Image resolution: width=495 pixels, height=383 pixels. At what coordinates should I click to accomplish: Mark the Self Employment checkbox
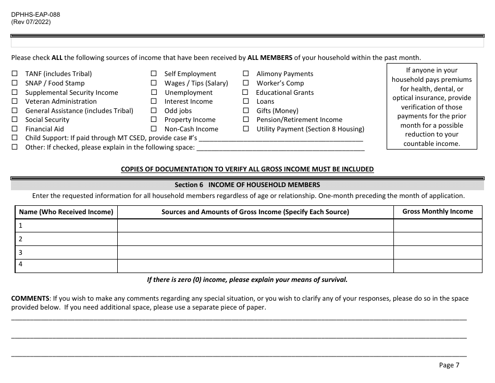154,74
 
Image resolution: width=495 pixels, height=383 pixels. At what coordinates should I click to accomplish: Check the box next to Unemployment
154,93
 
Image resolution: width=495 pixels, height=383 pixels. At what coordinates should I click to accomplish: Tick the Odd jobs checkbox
154,111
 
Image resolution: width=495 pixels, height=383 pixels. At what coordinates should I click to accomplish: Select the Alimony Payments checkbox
245,74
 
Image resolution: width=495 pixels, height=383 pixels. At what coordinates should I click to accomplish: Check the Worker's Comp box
245,83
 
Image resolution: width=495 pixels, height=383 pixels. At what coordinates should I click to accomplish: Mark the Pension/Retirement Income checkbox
245,120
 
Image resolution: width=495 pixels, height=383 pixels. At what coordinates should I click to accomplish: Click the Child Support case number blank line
281,138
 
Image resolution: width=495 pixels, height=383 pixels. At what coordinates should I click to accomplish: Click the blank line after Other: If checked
280,147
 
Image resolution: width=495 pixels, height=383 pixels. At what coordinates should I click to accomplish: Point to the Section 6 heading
247,185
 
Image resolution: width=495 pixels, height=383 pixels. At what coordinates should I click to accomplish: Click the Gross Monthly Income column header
438,212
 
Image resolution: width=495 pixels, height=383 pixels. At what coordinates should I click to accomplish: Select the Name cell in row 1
66,226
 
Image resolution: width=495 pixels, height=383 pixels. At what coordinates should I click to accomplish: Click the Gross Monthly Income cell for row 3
438,252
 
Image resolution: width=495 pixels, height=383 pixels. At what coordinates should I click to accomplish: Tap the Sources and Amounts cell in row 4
255,266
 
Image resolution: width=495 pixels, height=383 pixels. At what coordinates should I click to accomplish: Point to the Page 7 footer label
449,365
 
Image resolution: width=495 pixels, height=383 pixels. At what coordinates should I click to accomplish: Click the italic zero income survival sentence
247,279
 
